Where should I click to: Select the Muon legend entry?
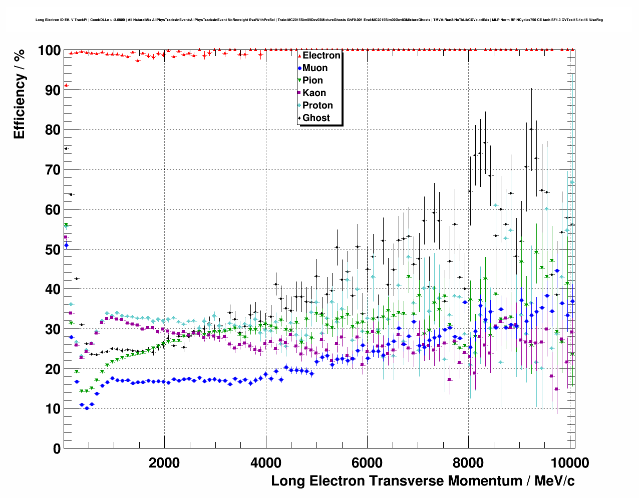click(x=314, y=68)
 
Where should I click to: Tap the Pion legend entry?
click(x=312, y=80)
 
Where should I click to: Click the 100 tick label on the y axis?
click(x=49, y=51)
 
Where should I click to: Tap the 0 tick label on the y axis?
click(x=57, y=449)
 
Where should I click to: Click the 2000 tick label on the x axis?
click(x=164, y=463)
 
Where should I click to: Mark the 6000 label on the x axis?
click(x=367, y=463)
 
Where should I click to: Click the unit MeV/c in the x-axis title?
click(x=554, y=481)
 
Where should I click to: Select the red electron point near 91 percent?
click(x=66, y=85)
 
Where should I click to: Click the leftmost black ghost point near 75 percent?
click(x=66, y=148)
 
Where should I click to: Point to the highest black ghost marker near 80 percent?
click(x=531, y=129)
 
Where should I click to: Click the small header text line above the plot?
click(x=319, y=20)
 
